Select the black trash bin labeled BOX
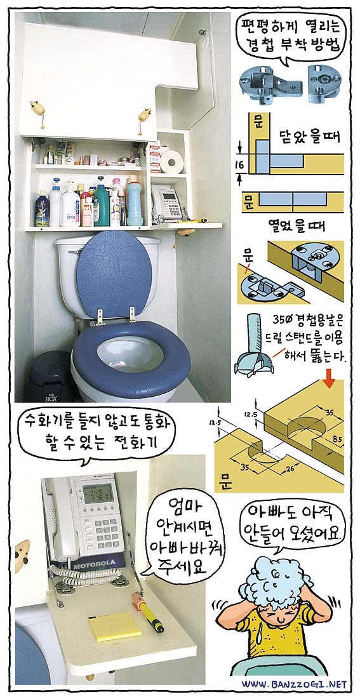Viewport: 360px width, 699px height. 51,376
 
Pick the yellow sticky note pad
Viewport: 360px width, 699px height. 115,626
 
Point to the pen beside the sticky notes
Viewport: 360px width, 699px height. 147,611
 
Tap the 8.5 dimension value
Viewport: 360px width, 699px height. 338,439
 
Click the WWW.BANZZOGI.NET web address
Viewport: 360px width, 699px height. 294,684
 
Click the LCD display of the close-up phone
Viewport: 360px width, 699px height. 98,493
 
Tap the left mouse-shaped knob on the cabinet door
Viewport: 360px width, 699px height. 38,112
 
